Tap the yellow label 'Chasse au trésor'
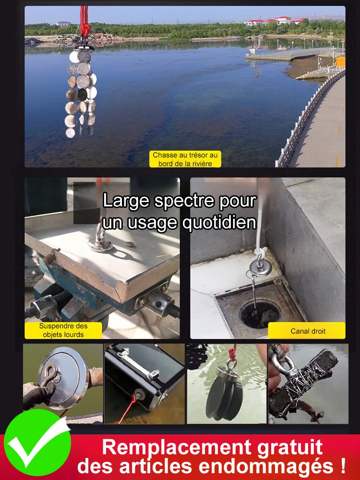coord(185,159)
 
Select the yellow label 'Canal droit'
coord(307,331)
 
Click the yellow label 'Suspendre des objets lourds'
coord(64,330)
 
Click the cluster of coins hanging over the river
coord(81,91)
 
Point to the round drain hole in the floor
coord(260,314)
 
